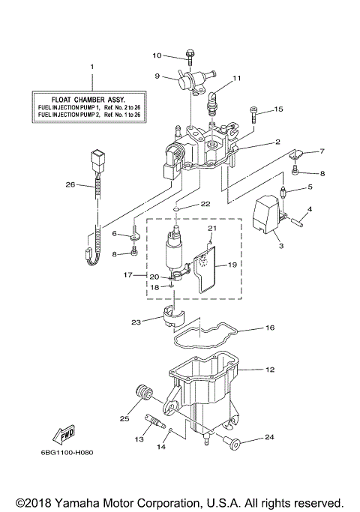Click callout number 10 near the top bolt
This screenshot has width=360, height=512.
pos(157,55)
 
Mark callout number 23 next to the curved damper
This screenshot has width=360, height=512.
pos(135,323)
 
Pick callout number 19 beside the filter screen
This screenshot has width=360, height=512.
pos(232,264)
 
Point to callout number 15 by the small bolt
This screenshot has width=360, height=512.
pos(278,109)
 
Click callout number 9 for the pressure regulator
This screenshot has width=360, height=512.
pos(157,75)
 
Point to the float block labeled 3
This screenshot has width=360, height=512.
pos(268,212)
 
